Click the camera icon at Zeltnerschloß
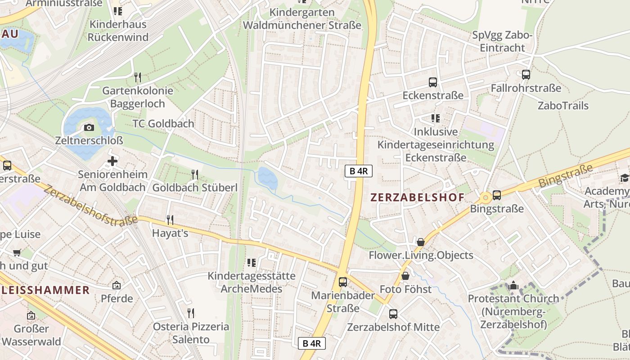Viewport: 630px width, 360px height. (89, 127)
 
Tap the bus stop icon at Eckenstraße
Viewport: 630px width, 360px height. (433, 82)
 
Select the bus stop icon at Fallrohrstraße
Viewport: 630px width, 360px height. (526, 75)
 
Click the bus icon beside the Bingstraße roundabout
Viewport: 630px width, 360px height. (497, 195)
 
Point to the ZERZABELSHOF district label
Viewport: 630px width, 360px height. (417, 197)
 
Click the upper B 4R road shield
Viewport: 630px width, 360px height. (359, 171)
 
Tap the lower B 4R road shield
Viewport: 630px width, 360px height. (311, 343)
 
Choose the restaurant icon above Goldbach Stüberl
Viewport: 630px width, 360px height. (195, 174)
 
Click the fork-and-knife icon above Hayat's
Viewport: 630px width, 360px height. (170, 220)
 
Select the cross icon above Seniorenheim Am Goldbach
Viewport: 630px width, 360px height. (112, 161)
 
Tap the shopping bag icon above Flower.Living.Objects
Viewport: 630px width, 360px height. (421, 242)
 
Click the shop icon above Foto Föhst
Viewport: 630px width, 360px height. (405, 275)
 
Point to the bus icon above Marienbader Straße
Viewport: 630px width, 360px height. (343, 282)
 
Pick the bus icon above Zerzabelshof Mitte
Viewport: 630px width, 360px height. (393, 314)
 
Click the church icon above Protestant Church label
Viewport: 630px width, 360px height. (513, 285)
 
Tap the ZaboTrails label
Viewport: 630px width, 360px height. (563, 106)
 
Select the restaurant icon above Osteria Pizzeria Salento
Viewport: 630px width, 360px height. (191, 313)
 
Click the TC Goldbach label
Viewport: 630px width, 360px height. (163, 123)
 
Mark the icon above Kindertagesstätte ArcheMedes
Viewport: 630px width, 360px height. (252, 262)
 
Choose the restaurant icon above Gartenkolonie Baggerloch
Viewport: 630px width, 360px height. (138, 77)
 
